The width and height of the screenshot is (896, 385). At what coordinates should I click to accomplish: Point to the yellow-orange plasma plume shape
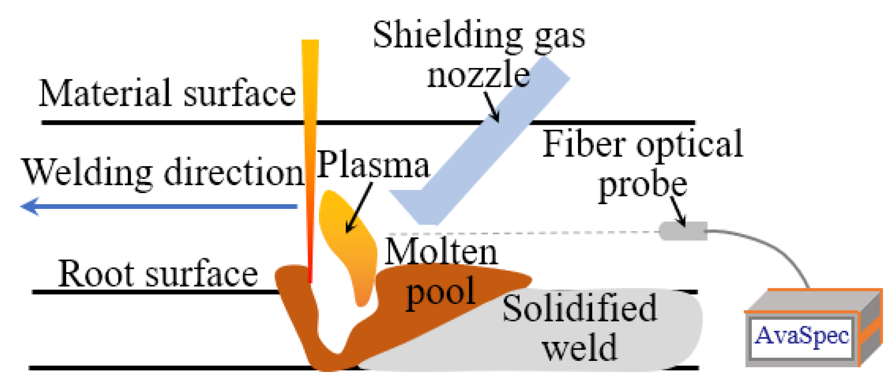point(347,237)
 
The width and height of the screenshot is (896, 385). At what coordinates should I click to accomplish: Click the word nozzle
point(478,75)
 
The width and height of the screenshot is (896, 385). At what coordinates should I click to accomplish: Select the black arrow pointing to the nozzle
point(492,107)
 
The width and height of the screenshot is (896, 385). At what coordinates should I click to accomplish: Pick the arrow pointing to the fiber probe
point(678,211)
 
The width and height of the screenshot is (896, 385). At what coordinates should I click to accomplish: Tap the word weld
point(579,347)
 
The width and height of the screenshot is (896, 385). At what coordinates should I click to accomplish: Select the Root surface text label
point(158,274)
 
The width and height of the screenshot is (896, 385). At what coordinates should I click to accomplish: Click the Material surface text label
point(167,93)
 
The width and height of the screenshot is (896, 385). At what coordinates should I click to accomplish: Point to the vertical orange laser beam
point(310,158)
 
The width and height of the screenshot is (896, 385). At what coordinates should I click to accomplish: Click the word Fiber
point(584,145)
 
